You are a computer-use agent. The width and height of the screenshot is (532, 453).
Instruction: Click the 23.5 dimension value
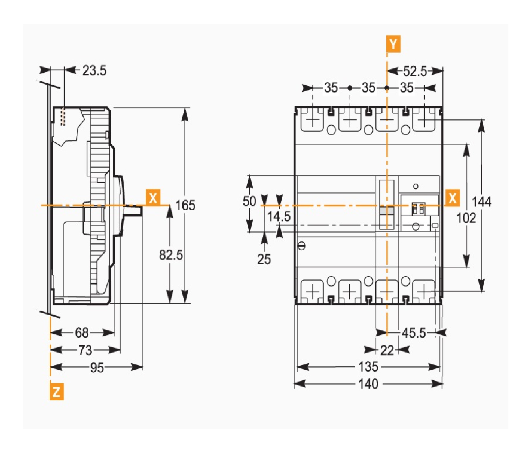coord(94,70)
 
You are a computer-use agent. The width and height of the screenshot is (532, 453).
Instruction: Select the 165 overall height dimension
coord(186,205)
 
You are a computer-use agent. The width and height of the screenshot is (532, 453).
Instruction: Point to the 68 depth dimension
coord(82,333)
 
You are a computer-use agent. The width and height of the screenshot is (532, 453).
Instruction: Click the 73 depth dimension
coord(85,350)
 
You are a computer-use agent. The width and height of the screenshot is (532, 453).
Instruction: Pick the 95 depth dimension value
coord(97,367)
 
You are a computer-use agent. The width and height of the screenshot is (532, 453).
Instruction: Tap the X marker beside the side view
coord(154,198)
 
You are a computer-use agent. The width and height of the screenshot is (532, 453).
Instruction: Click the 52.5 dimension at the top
coord(415,71)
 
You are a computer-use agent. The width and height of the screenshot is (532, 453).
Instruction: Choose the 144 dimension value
coord(481,201)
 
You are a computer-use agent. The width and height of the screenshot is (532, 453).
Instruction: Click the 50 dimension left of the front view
coord(249,201)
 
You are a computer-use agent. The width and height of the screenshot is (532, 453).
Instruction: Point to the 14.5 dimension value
coord(279,217)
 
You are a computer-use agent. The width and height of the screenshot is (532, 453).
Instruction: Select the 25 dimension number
coord(264,259)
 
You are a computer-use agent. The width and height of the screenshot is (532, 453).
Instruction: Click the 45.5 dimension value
coord(414,333)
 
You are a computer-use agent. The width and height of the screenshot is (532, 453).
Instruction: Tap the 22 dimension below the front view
coord(387,350)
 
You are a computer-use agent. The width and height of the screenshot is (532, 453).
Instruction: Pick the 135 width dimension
coord(368,367)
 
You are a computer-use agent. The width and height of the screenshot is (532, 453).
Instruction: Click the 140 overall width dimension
coord(368,384)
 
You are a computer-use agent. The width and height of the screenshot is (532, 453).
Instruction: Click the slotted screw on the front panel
coord(301,246)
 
